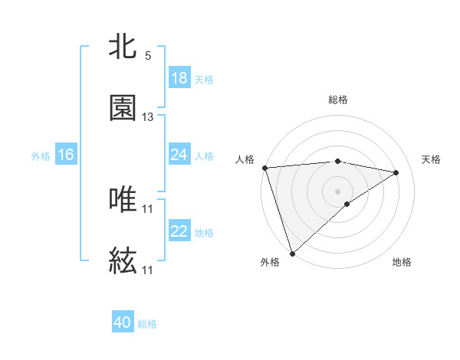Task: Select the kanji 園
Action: coord(123,108)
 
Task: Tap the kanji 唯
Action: coord(123,199)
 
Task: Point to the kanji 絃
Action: coord(123,260)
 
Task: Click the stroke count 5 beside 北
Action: coord(148,56)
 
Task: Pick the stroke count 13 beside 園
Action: coord(148,117)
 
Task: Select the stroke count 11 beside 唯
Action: coord(148,208)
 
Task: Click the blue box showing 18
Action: coord(179,78)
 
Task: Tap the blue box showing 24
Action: coord(179,155)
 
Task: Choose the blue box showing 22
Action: coord(179,231)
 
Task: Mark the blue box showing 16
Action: coord(66,155)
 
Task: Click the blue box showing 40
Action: coord(123,323)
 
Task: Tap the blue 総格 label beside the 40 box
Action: coord(147,324)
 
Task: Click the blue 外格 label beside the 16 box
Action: coord(41,155)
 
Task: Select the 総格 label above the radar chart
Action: coord(338,100)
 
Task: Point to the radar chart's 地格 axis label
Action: coord(402,262)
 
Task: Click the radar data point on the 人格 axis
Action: coord(264,168)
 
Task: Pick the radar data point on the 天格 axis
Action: coord(396,172)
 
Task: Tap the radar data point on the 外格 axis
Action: coord(292,253)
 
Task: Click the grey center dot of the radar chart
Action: coord(337,191)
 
